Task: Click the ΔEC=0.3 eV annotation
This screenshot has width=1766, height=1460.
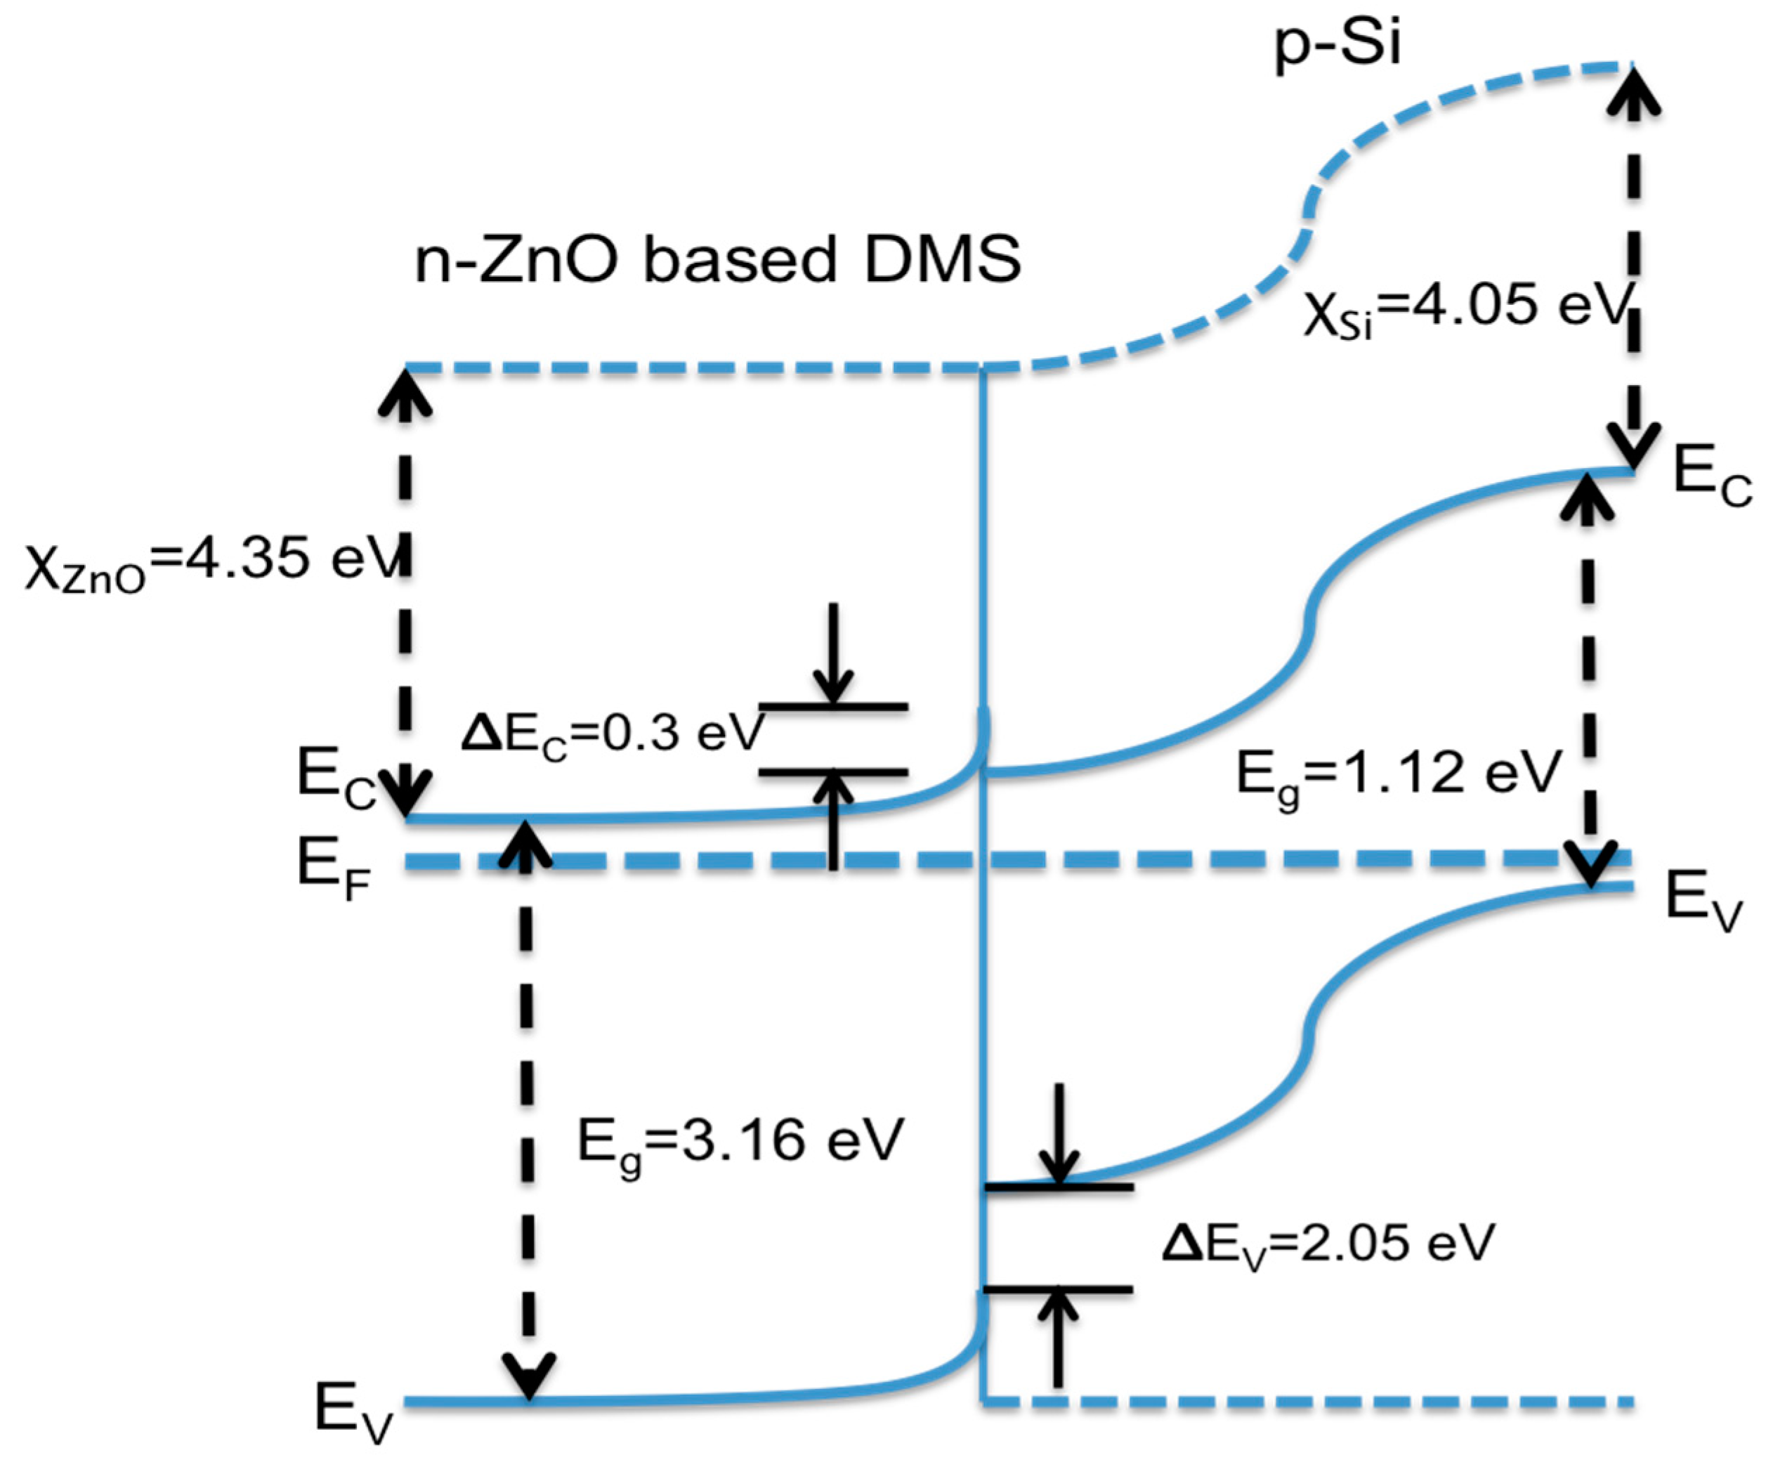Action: click(613, 734)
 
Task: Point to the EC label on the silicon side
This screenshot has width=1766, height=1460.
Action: click(1711, 478)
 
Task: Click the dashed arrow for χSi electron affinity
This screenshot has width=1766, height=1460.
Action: click(1634, 269)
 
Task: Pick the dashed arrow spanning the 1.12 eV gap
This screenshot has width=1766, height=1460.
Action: click(1588, 682)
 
